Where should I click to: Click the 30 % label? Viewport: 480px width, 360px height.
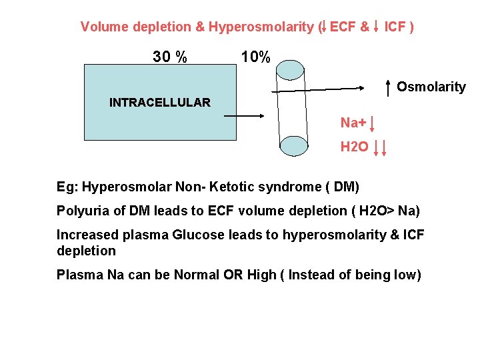[170, 57]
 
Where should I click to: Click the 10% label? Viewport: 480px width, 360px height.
[255, 57]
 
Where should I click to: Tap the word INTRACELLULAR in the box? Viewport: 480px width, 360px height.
[159, 103]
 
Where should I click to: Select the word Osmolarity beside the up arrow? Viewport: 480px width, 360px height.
[431, 87]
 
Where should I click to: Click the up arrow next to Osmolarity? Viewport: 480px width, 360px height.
[389, 87]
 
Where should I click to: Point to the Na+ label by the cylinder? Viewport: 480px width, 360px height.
[353, 123]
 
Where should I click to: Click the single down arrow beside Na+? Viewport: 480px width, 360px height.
[371, 123]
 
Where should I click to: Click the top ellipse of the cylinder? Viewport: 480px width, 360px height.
[290, 70]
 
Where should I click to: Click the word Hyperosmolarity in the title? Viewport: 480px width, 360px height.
[261, 27]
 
